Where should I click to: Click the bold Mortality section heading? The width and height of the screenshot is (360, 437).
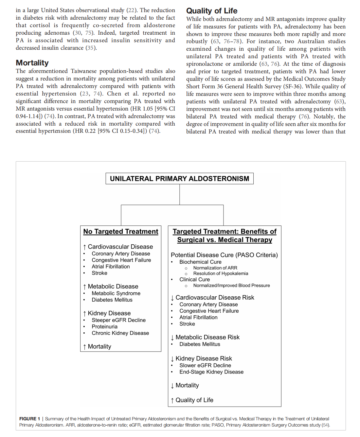point(32,63)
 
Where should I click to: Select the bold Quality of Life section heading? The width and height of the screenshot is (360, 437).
point(212,11)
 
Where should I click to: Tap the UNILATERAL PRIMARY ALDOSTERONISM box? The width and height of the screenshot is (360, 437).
point(179,179)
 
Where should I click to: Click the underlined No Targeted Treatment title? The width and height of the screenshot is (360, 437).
point(120,232)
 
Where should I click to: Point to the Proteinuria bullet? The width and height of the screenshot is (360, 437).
point(104,326)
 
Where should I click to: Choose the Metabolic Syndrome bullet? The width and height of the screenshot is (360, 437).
point(116,293)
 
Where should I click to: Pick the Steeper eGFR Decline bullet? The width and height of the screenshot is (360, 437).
point(118,320)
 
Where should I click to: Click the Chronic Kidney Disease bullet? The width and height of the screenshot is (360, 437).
point(120,333)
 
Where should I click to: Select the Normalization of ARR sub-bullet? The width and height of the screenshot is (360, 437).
point(215,268)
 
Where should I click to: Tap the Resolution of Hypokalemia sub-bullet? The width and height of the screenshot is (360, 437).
point(221,273)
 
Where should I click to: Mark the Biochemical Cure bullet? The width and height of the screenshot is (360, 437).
point(200,262)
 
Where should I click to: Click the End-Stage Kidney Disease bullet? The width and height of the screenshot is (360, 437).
point(211,372)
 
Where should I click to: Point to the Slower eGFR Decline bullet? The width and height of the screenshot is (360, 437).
point(205,365)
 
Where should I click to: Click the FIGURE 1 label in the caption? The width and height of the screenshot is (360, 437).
point(29,419)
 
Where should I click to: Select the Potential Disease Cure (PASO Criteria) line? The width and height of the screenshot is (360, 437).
point(224,255)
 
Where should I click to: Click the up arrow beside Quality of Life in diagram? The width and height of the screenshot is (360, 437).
point(172,400)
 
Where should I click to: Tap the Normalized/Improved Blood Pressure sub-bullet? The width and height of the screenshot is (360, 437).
point(231,286)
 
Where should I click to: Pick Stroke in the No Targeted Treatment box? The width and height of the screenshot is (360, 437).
point(99,273)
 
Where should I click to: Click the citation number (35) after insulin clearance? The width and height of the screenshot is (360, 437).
point(91,48)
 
